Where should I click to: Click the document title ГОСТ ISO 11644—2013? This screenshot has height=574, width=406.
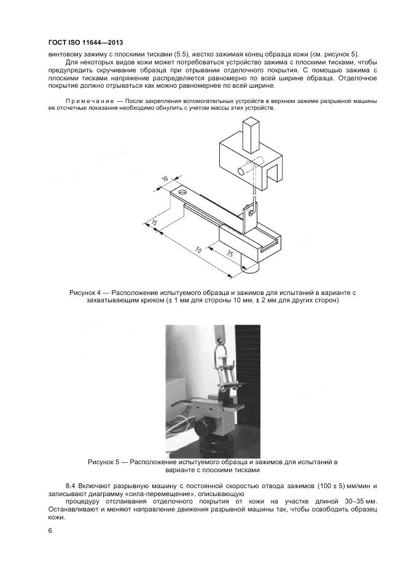(x=90, y=42)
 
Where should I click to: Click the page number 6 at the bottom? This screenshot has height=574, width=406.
(x=50, y=530)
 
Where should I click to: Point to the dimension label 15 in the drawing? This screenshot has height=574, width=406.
(x=154, y=222)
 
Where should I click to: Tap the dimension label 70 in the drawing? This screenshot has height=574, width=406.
(x=198, y=250)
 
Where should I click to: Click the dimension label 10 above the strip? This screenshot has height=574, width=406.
(x=165, y=178)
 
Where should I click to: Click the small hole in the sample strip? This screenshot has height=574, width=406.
(x=182, y=193)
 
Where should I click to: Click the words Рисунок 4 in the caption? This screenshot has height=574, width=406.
(x=86, y=293)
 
